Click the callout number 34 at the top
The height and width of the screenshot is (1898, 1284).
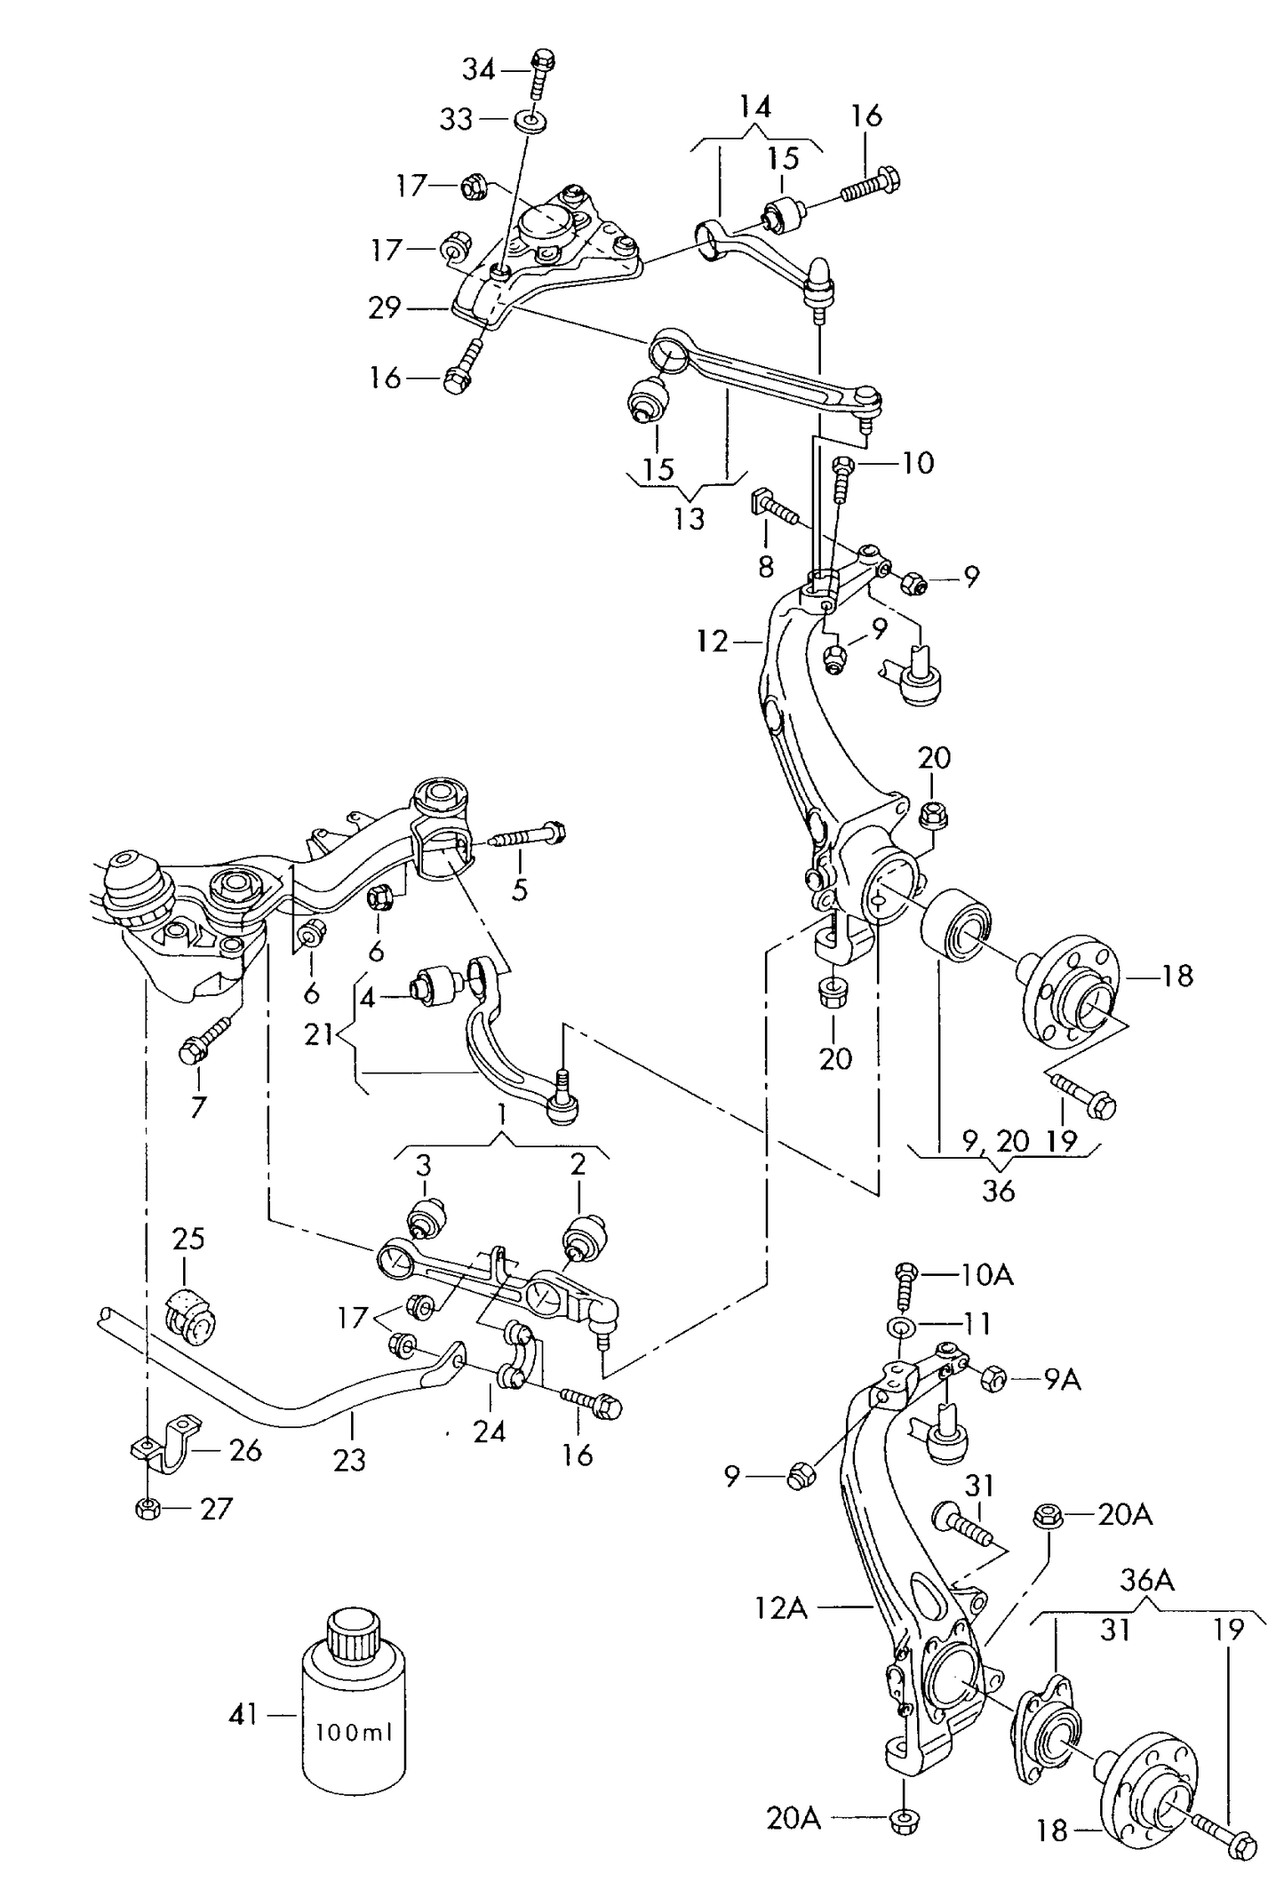tap(479, 68)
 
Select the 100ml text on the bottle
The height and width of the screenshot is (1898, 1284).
tap(355, 1732)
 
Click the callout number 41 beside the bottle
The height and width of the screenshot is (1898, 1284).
tap(243, 1714)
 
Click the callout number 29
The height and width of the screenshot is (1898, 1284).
tap(385, 308)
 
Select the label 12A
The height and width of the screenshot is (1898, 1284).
tap(780, 1607)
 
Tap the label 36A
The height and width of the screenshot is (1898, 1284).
tap(1146, 1579)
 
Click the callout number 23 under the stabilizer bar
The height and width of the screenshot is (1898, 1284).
tap(349, 1459)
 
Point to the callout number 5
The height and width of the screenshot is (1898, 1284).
tap(520, 889)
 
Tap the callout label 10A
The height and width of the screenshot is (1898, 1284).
tap(986, 1275)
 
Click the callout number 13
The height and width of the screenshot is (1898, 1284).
tap(689, 518)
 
